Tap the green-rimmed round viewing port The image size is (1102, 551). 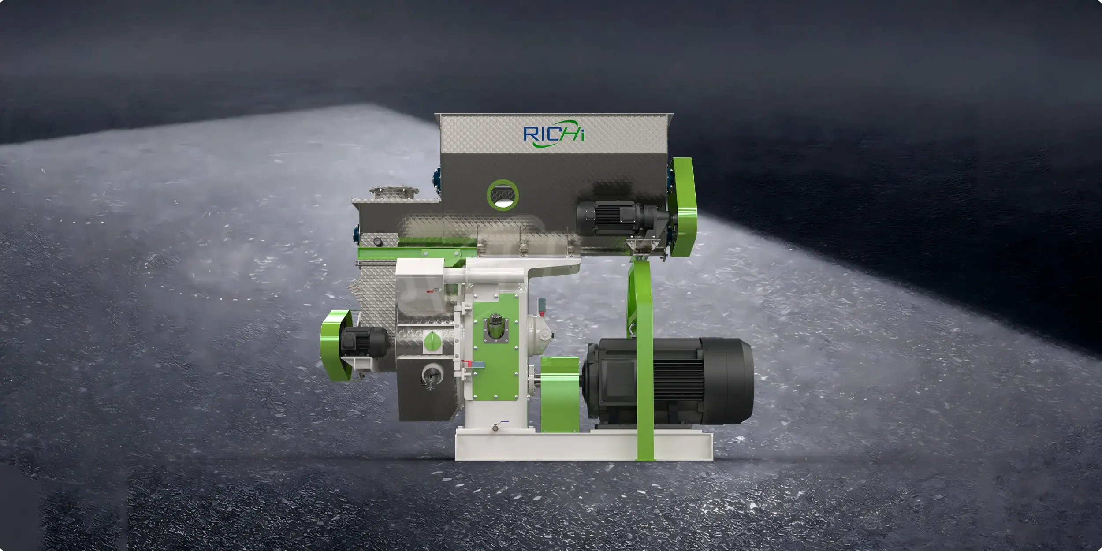pos(503,195)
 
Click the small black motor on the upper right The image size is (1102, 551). pos(622,218)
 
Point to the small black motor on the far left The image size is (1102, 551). pos(363,341)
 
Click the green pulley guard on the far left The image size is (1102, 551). pos(336,345)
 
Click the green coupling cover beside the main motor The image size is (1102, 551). pos(559,394)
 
